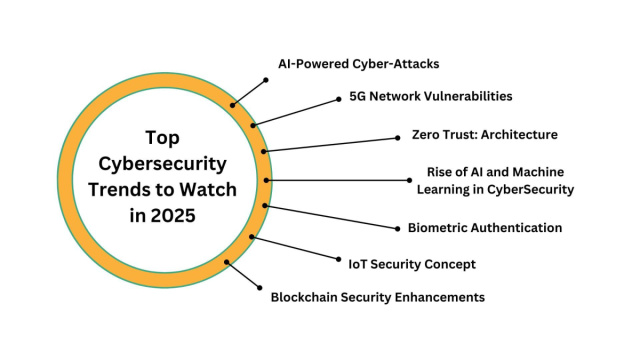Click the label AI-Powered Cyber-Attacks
[358, 64]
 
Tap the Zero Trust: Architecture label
[485, 134]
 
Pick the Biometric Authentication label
[485, 228]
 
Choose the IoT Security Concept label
[411, 264]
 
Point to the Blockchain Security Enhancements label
[378, 297]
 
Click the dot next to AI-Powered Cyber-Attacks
[266, 78]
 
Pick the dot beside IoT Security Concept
[337, 261]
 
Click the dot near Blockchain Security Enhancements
[261, 288]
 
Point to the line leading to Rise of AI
[340, 181]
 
